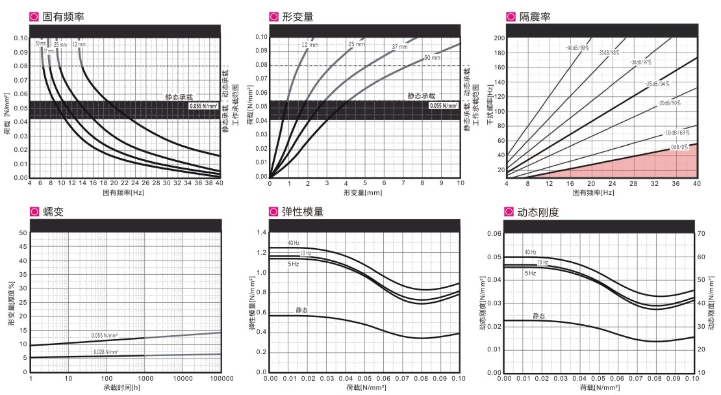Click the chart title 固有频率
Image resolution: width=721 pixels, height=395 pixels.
pyautogui.click(x=63, y=15)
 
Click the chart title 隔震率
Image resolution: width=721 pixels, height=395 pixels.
pyautogui.click(x=535, y=15)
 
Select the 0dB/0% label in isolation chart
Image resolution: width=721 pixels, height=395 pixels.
pyautogui.click(x=678, y=148)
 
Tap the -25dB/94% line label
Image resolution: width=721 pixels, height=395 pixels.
pyautogui.click(x=656, y=84)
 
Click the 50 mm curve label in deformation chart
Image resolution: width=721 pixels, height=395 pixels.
pyautogui.click(x=432, y=58)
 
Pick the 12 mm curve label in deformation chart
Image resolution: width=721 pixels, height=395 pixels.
pyautogui.click(x=308, y=44)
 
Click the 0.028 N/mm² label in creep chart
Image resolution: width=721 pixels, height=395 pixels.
pyautogui.click(x=105, y=351)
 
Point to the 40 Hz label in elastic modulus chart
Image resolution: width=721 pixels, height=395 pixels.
pyautogui.click(x=294, y=244)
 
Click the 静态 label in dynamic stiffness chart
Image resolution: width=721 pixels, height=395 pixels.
pyautogui.click(x=539, y=316)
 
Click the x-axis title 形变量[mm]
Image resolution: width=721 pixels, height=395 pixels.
pyautogui.click(x=365, y=193)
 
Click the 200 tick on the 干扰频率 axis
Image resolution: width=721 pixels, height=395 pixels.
pyautogui.click(x=499, y=38)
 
